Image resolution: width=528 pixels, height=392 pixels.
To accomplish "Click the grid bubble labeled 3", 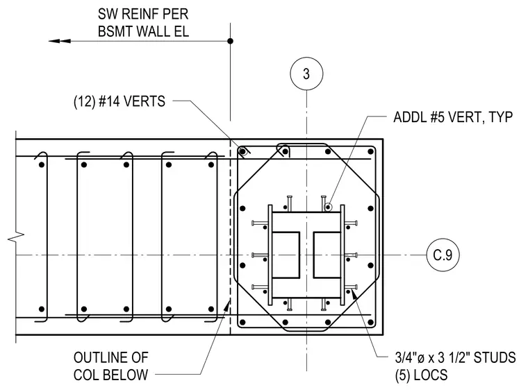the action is [x=306, y=74].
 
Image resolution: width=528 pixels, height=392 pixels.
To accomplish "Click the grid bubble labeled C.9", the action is [x=443, y=255].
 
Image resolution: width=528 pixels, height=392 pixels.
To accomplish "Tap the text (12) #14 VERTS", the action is [x=119, y=101].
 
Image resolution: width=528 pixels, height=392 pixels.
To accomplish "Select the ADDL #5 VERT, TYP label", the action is [x=453, y=117].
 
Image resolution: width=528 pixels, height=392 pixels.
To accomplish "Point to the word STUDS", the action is [x=495, y=357].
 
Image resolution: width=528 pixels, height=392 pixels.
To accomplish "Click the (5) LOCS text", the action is [x=421, y=375].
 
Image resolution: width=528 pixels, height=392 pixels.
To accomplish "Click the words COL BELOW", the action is [x=110, y=375].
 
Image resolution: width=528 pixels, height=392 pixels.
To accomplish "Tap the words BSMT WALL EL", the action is [x=143, y=31].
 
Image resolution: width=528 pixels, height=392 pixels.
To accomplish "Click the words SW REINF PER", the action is [x=143, y=14].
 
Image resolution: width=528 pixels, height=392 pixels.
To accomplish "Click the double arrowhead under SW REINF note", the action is [x=60, y=41].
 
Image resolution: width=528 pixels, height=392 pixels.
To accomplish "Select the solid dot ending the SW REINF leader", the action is [x=231, y=41].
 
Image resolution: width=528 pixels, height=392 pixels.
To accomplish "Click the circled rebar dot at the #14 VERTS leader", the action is [x=242, y=151].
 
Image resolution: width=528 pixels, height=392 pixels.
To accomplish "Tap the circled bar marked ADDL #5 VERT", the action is [x=328, y=207].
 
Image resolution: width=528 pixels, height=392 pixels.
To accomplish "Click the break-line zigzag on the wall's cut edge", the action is [x=16, y=238].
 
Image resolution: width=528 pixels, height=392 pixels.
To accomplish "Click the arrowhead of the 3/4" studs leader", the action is [x=354, y=294].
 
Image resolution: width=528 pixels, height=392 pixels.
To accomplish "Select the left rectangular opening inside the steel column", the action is [x=286, y=255].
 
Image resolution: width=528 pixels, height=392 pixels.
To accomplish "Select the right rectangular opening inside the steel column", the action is [x=327, y=255].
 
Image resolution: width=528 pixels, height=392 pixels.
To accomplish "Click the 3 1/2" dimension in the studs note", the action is [x=454, y=357].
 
